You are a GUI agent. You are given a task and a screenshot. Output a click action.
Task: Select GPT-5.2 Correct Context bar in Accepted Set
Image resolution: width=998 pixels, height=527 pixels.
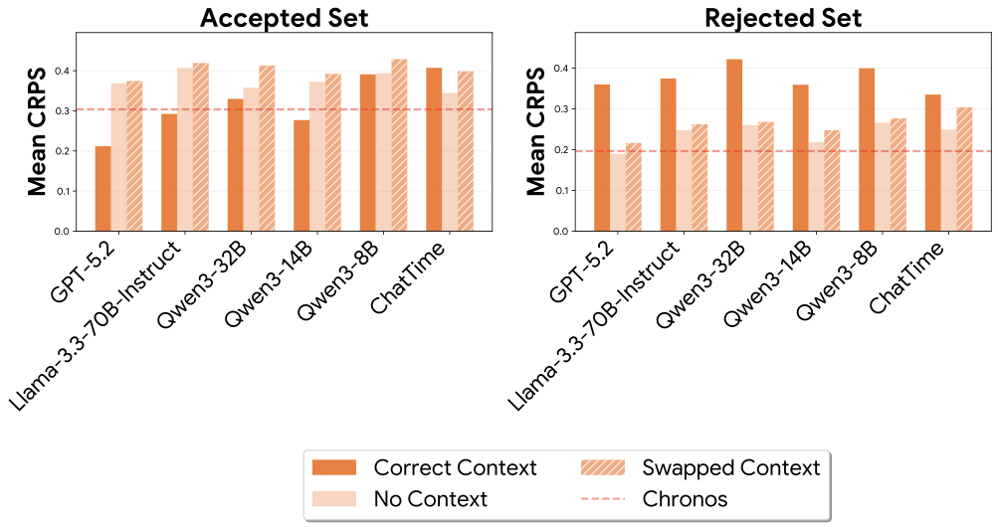[x=102, y=189]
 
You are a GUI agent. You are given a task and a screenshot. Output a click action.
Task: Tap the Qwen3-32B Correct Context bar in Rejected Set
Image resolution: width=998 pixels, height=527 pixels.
[x=734, y=145]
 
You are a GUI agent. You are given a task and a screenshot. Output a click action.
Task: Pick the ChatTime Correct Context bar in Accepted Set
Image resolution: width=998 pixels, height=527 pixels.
[x=434, y=149]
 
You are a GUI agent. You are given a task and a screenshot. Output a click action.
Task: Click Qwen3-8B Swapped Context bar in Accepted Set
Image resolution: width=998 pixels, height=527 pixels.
[x=400, y=145]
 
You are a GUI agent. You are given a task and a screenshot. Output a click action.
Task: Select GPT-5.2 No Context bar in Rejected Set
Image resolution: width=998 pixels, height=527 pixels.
[x=618, y=193]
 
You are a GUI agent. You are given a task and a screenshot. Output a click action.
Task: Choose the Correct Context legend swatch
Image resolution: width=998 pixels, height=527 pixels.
[x=336, y=467]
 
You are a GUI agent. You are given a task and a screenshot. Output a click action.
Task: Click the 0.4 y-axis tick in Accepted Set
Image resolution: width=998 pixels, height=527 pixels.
[x=63, y=71]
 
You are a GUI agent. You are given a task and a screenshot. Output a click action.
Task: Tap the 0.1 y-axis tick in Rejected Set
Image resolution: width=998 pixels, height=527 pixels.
[x=559, y=190]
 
